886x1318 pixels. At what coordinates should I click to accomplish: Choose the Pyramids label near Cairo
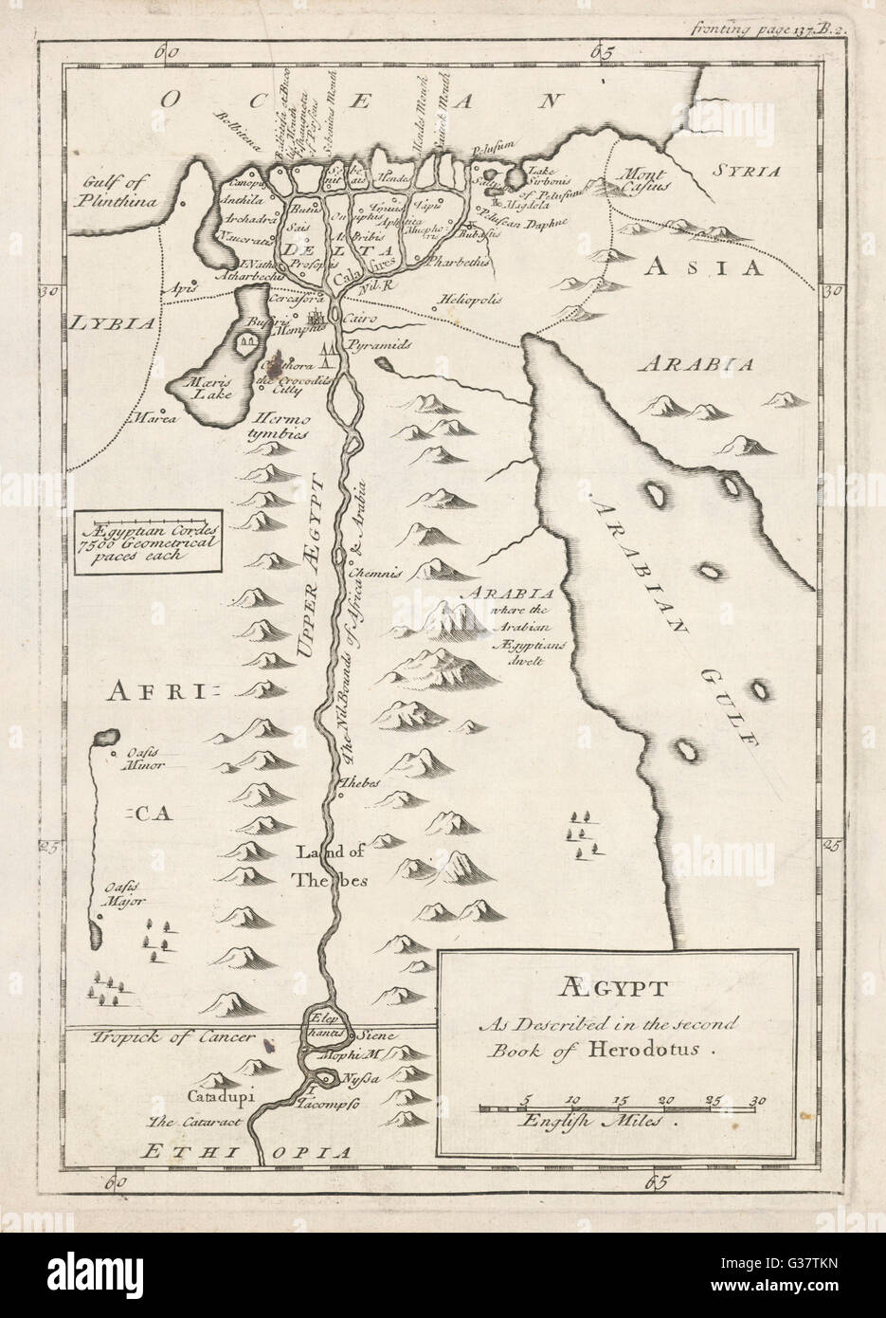pos(377,347)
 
